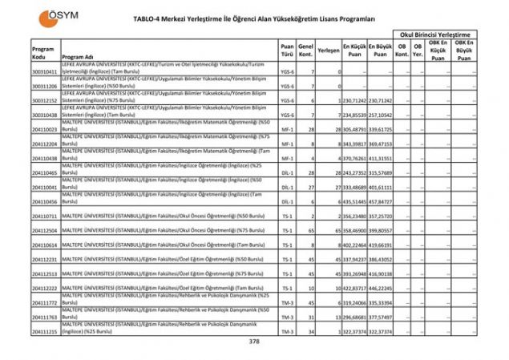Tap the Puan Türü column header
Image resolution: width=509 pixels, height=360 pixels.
click(287, 53)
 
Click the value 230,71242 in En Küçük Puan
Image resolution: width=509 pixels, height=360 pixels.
click(355, 100)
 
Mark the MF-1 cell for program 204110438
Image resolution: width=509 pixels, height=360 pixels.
click(287, 159)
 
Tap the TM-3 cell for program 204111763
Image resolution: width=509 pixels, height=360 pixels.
click(287, 317)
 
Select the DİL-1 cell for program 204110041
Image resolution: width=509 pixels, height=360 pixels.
click(287, 188)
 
